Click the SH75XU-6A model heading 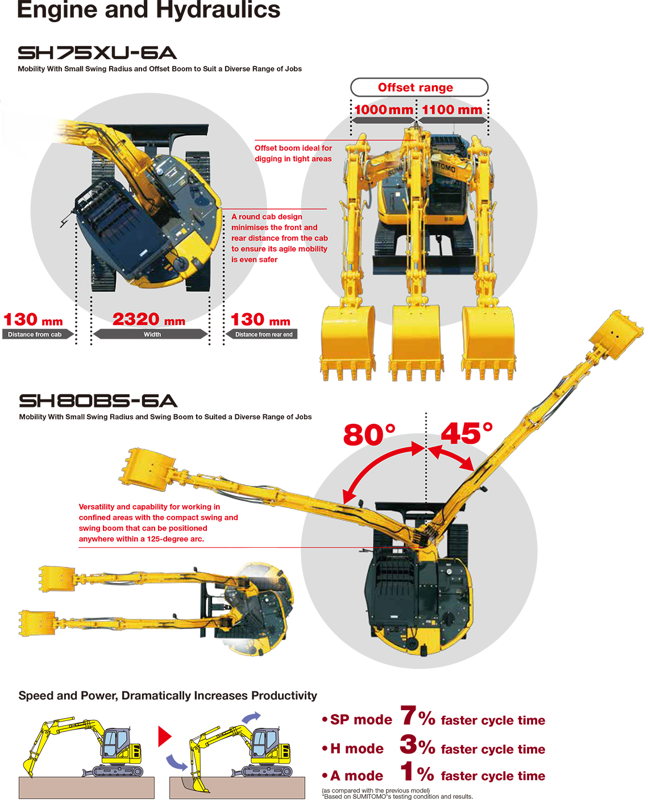click(97, 53)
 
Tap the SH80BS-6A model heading click(98, 401)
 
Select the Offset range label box click(419, 87)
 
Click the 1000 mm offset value click(384, 110)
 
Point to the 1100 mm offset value click(452, 110)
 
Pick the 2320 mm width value click(149, 319)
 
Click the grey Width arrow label click(151, 334)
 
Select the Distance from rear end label click(262, 334)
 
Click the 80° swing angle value click(369, 434)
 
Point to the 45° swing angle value click(466, 433)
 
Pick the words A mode click(357, 776)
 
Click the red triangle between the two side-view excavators click(164, 736)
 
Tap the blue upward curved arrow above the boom click(251, 716)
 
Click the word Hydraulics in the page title click(218, 9)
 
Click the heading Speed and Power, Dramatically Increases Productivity click(168, 695)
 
